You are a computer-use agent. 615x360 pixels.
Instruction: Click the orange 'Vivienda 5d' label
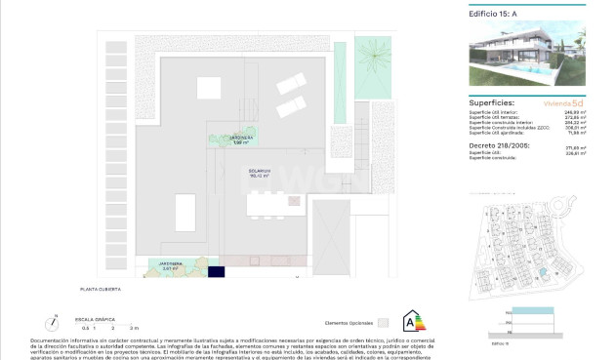click(x=564, y=102)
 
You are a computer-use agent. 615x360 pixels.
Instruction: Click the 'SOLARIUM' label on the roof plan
click(x=232, y=173)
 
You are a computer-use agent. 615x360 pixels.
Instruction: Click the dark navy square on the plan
click(x=216, y=272)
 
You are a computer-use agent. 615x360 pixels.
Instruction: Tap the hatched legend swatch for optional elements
click(x=384, y=322)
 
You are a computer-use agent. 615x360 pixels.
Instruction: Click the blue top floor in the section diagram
click(x=535, y=309)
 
